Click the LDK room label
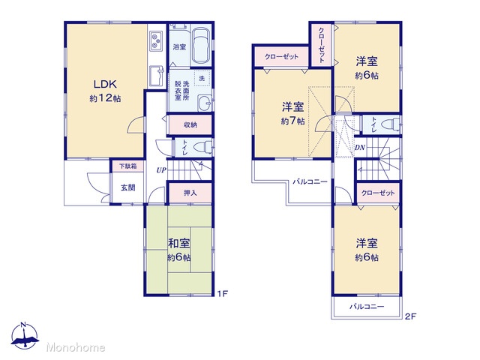click(105, 84)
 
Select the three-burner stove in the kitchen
click(156, 41)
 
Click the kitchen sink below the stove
click(157, 76)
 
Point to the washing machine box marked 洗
click(202, 78)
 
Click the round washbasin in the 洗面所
click(205, 103)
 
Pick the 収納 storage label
click(190, 124)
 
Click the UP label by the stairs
click(161, 170)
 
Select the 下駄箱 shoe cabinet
click(128, 166)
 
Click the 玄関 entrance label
click(128, 187)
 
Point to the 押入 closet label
click(190, 193)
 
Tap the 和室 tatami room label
click(179, 244)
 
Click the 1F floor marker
click(222, 294)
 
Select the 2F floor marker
click(410, 316)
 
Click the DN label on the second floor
click(360, 148)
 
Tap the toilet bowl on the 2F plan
click(391, 124)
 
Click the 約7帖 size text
click(292, 121)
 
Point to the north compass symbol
click(25, 336)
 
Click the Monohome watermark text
click(76, 347)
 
